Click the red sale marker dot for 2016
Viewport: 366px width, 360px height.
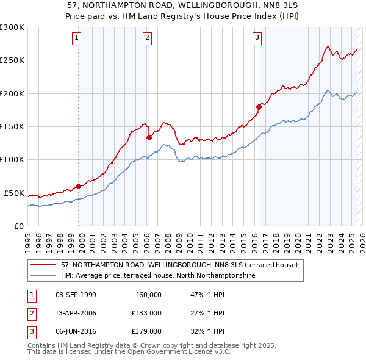tap(259, 107)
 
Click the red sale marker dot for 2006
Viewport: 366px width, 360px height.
tap(149, 137)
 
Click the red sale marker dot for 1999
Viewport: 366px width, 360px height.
tap(78, 186)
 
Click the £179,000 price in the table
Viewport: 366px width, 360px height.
tap(146, 331)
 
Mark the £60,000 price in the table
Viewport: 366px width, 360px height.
tap(148, 295)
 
